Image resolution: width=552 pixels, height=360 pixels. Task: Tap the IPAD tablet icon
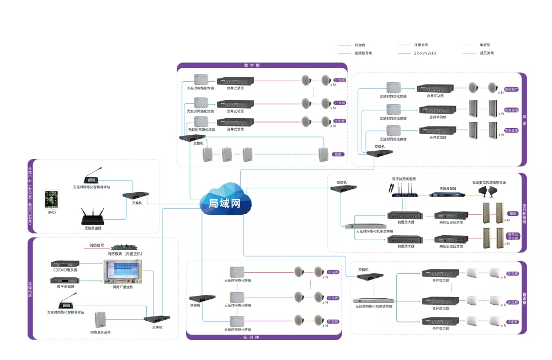point(52,199)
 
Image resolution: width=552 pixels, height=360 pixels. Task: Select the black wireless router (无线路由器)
point(92,215)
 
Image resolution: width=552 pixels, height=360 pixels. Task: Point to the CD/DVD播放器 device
point(65,263)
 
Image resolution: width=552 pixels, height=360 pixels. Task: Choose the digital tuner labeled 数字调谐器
point(65,280)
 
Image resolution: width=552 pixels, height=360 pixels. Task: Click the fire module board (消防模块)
point(125,246)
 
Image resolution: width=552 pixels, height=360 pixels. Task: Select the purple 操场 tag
point(513,213)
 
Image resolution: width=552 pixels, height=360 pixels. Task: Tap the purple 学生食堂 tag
point(511,131)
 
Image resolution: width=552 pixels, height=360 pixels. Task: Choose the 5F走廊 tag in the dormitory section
point(512,273)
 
